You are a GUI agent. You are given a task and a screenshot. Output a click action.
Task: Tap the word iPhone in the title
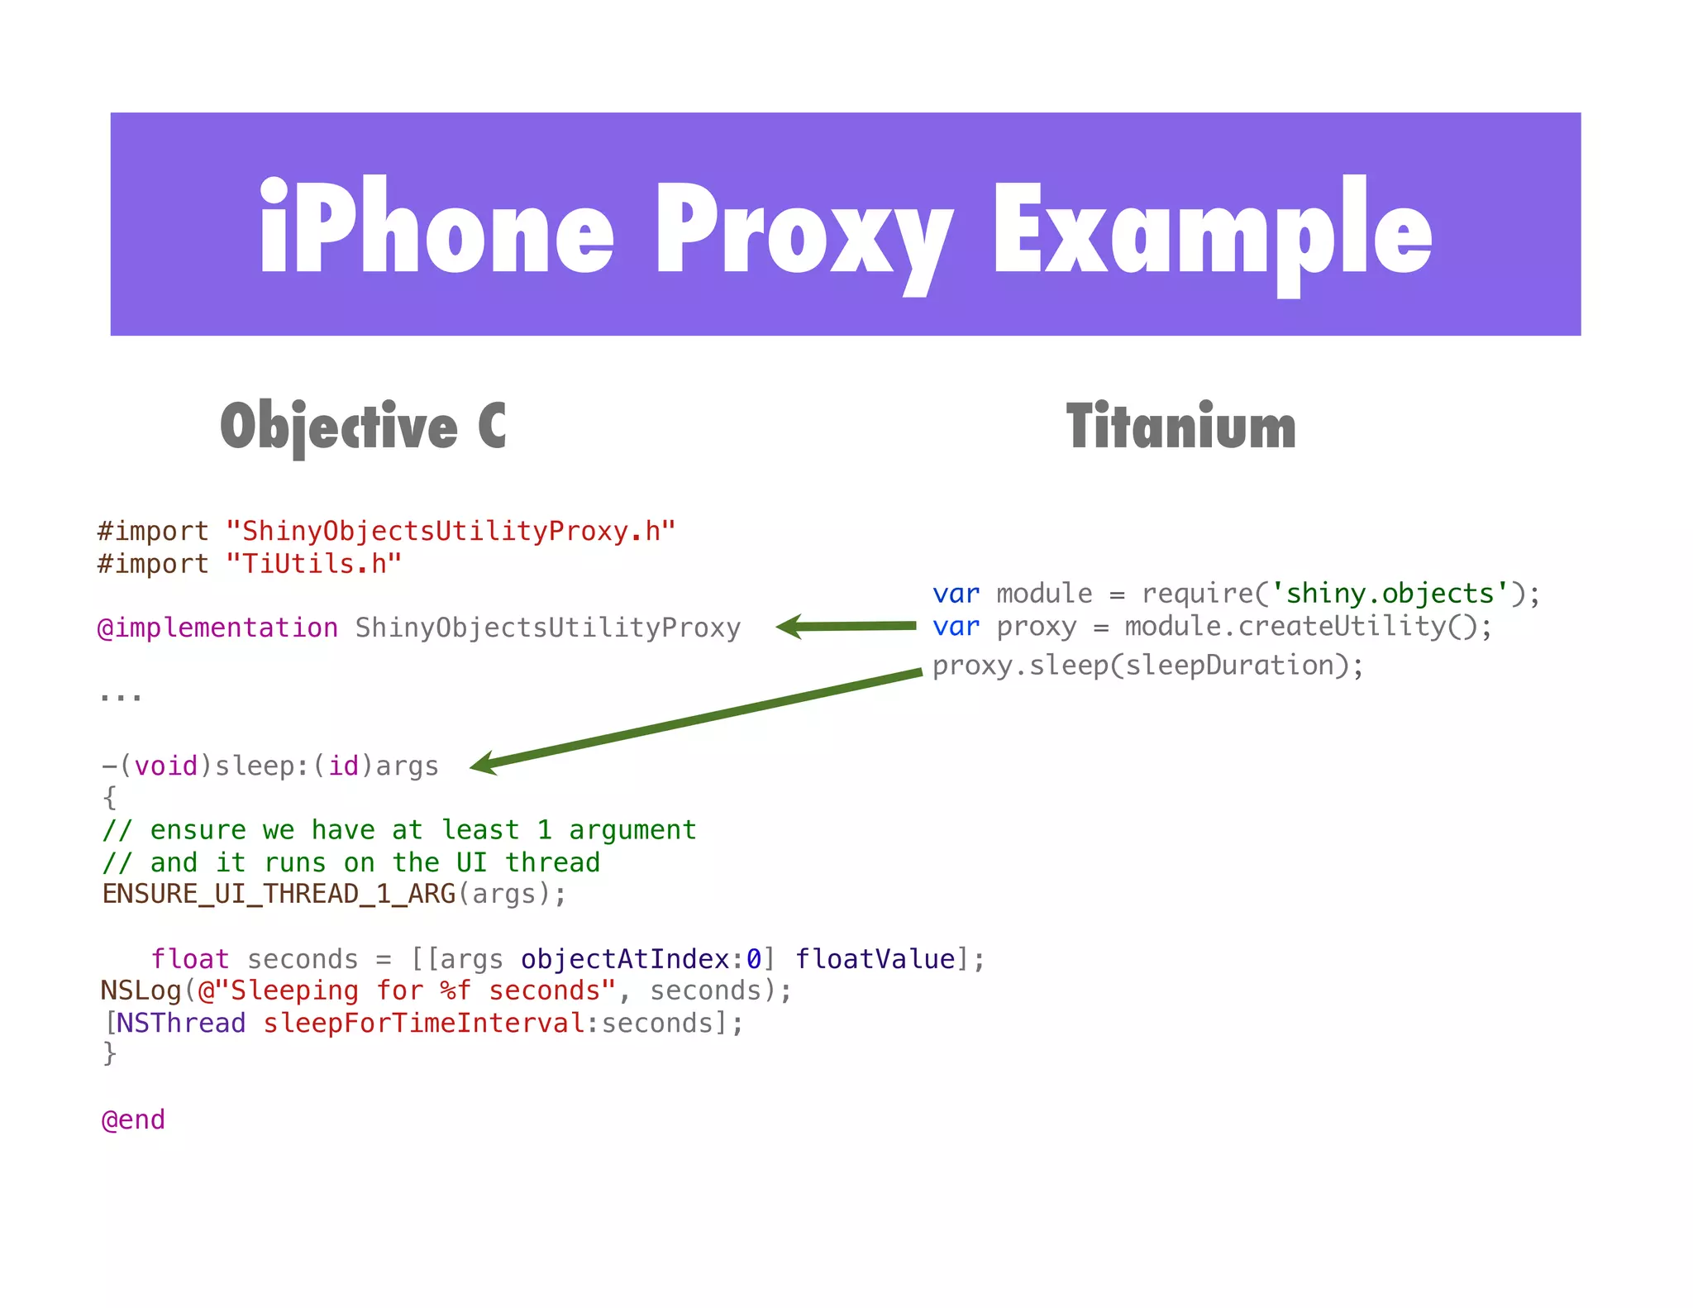(436, 227)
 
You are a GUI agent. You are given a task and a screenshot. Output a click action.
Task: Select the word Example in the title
(1213, 232)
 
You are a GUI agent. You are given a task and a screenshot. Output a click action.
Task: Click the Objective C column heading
(363, 427)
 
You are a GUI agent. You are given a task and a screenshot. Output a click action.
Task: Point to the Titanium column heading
(1180, 427)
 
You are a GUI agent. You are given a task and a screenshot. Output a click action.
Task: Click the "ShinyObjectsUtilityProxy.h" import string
(451, 531)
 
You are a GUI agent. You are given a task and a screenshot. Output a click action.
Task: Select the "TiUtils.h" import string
(314, 564)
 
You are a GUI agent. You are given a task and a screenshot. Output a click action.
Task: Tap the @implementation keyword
(217, 628)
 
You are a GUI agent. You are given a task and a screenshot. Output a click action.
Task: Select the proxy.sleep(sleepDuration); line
(1147, 666)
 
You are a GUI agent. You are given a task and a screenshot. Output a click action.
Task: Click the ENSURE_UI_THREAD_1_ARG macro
(279, 894)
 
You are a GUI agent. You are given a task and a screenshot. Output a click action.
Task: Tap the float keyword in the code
(189, 959)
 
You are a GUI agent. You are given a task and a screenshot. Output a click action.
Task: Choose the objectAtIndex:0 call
(641, 959)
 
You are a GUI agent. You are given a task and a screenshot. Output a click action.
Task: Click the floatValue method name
(875, 959)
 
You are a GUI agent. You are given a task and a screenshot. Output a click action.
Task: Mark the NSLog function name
(141, 991)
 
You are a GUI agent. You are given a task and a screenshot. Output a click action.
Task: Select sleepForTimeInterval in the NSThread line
(424, 1024)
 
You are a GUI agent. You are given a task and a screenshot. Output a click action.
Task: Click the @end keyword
(133, 1120)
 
